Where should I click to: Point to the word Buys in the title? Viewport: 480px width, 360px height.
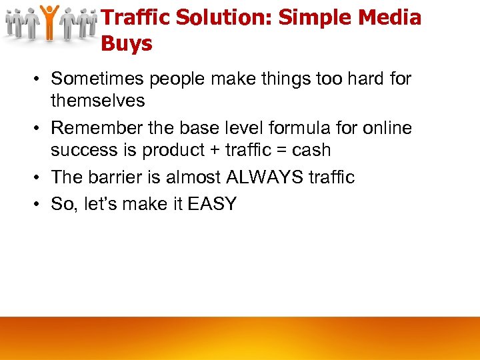pyautogui.click(x=127, y=44)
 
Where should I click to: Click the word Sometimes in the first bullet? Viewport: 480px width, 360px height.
pyautogui.click(x=98, y=79)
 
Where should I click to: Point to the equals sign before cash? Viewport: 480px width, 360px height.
pyautogui.click(x=281, y=151)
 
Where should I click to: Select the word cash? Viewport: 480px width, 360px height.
pyautogui.click(x=311, y=150)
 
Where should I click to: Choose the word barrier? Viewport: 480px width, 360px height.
pyautogui.click(x=117, y=177)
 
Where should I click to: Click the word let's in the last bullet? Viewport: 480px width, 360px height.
pyautogui.click(x=99, y=204)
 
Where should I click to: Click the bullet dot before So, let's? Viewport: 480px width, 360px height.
pyautogui.click(x=39, y=205)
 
